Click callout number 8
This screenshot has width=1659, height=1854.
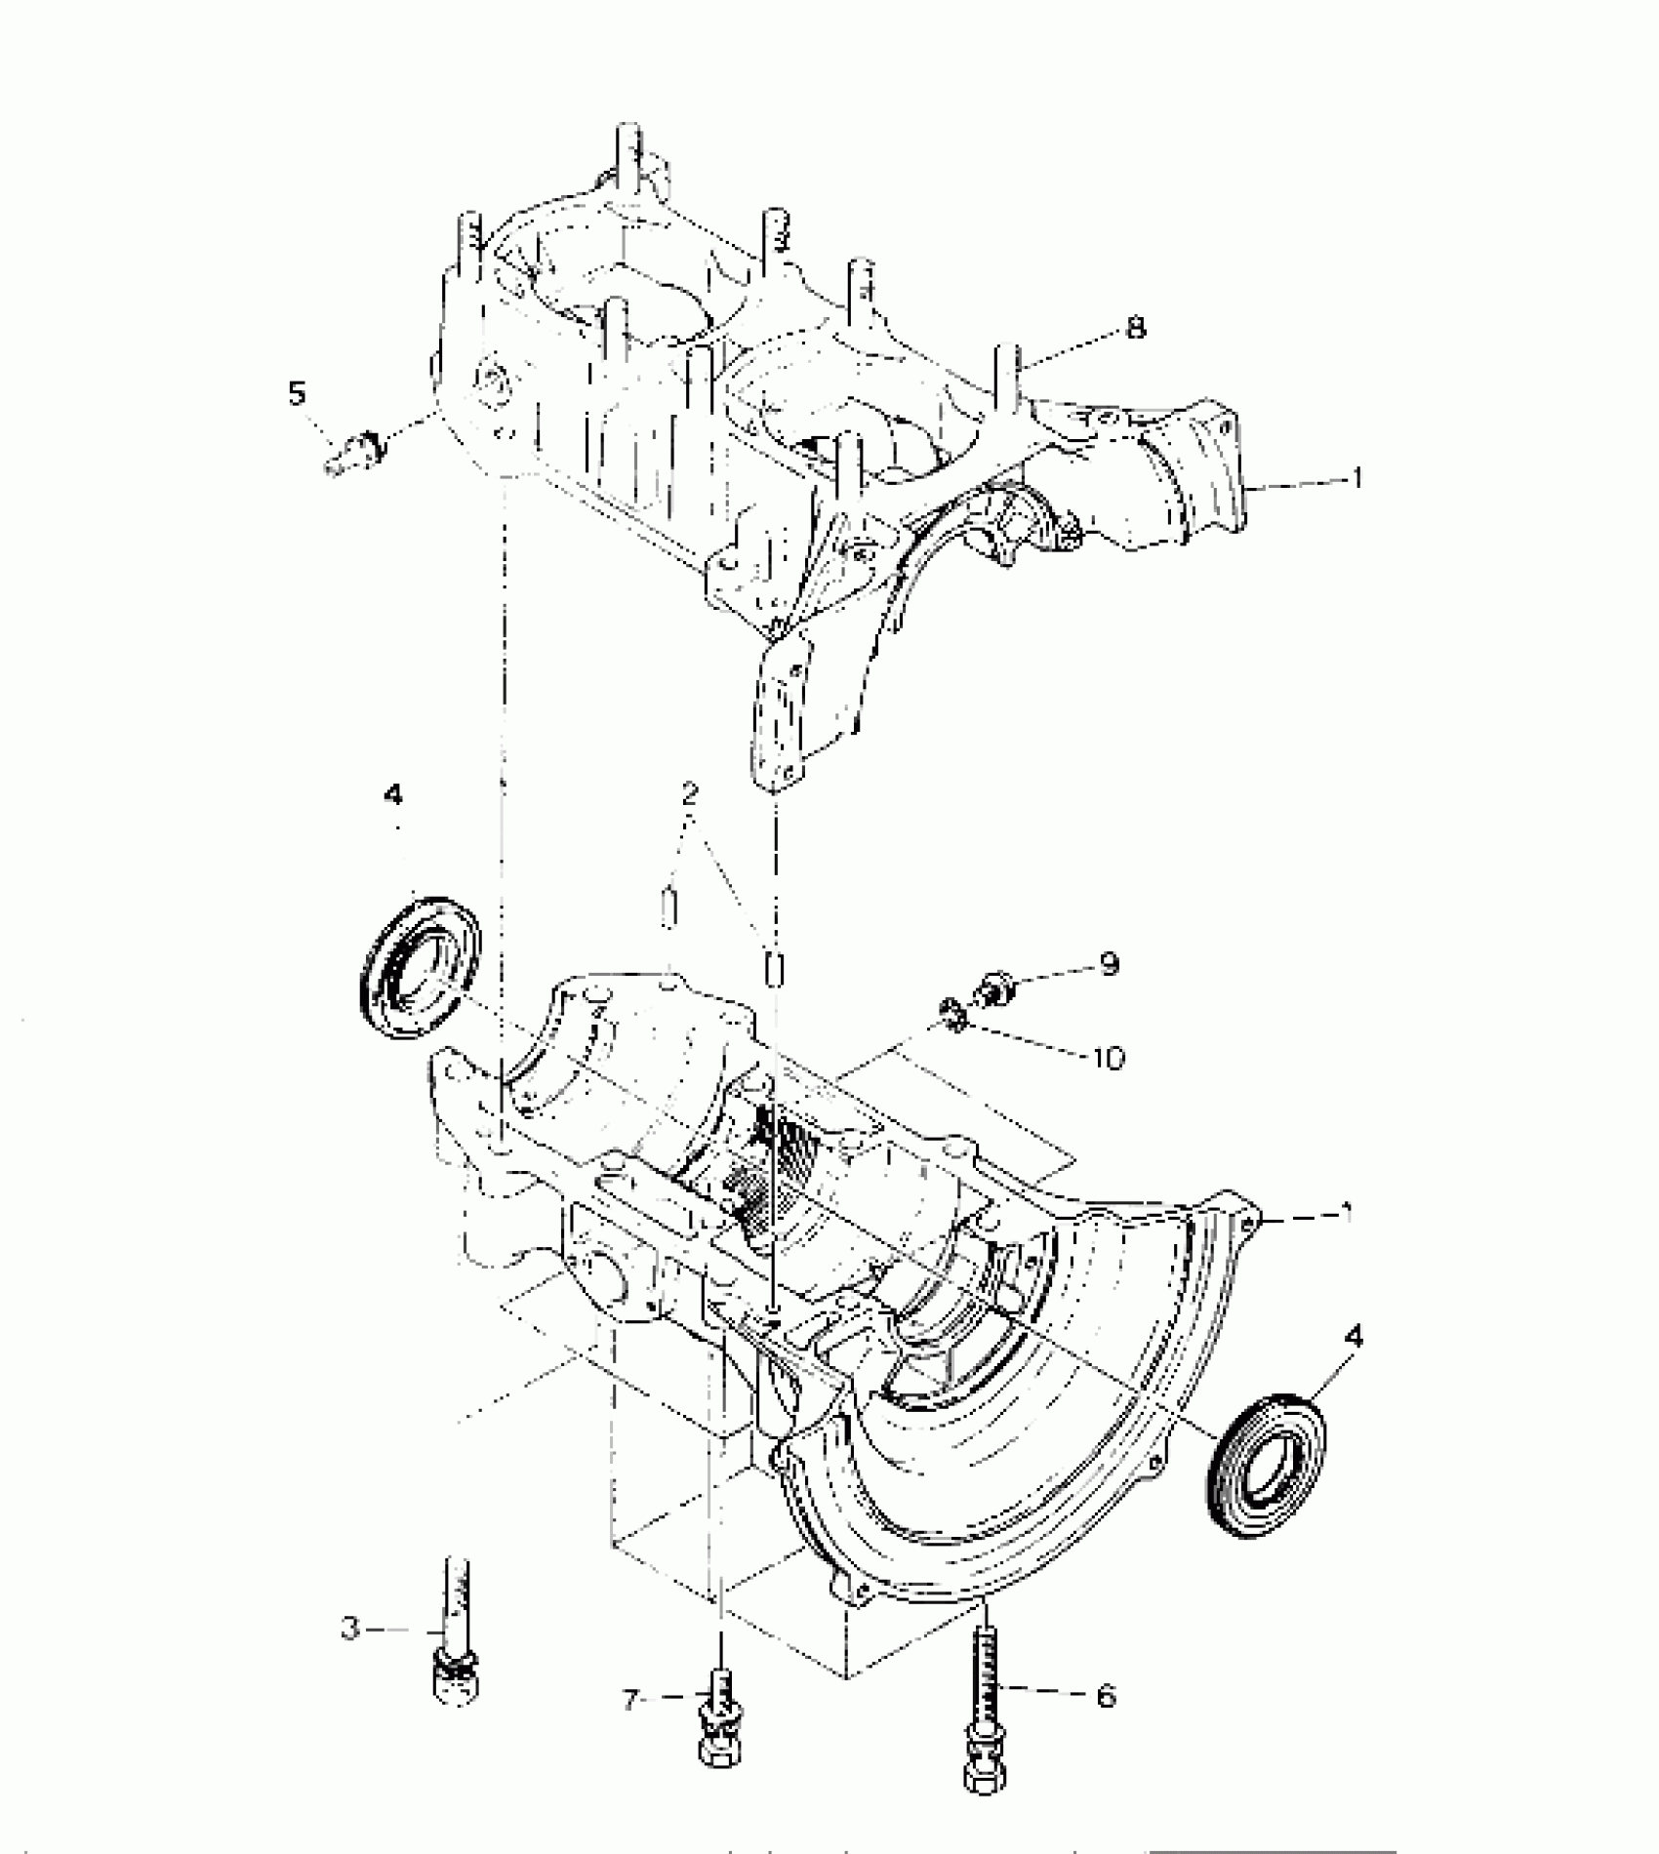click(1135, 328)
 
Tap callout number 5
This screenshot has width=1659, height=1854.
click(297, 394)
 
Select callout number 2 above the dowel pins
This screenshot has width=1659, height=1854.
click(690, 791)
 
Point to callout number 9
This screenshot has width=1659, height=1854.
click(1109, 964)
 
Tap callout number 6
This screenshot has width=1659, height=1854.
click(1105, 1697)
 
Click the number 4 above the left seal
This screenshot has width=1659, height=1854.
click(392, 796)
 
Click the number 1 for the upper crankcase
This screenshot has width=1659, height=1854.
click(1356, 479)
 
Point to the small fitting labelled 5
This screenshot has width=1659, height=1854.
click(355, 452)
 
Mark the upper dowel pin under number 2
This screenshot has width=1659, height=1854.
click(668, 909)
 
